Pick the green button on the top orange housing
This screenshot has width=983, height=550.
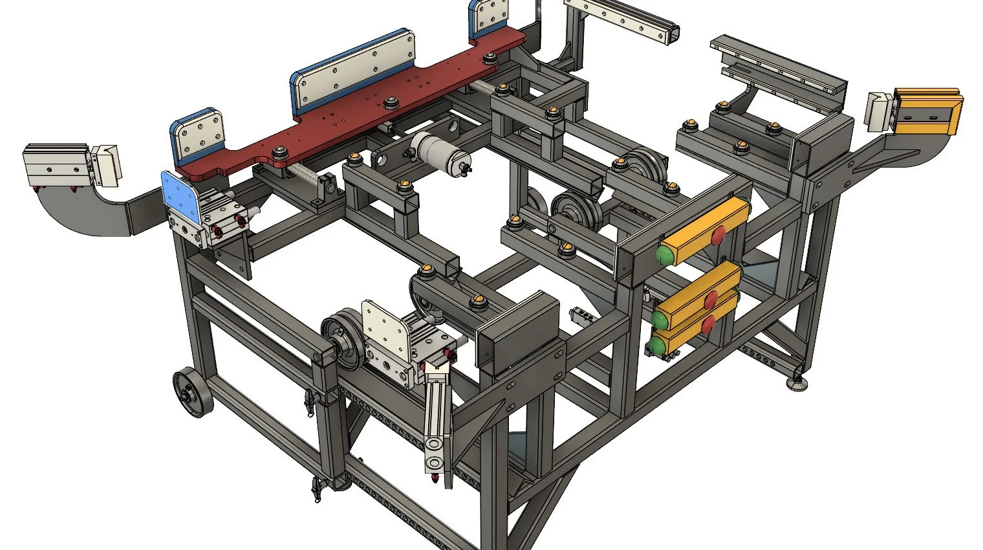[665, 253]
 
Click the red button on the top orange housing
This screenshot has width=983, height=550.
[718, 235]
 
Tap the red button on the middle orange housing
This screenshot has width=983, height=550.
[711, 298]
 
